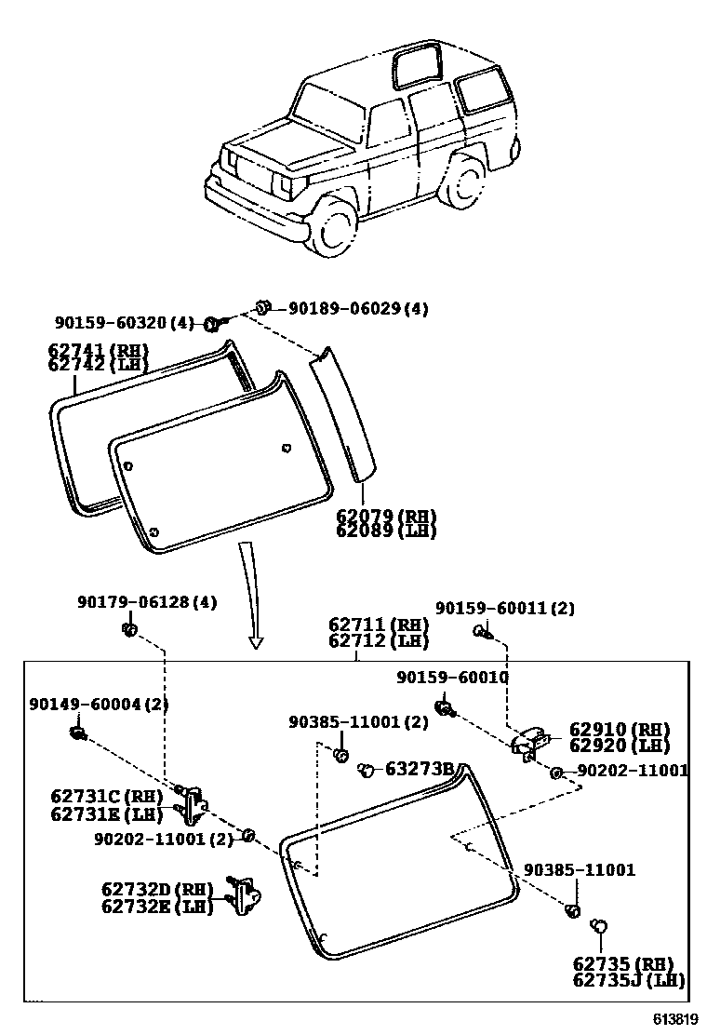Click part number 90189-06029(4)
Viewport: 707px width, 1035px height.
click(x=358, y=309)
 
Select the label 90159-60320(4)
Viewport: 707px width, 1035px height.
click(x=123, y=323)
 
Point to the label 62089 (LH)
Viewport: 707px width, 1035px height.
click(x=386, y=531)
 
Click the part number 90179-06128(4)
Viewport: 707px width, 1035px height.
click(x=146, y=602)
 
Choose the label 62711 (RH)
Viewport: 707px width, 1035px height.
click(x=378, y=625)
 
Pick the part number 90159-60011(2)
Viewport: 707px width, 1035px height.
click(x=505, y=608)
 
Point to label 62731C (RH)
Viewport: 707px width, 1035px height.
click(x=106, y=797)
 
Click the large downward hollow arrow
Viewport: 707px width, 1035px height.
click(x=251, y=596)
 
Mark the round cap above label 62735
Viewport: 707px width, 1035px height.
click(x=599, y=925)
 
